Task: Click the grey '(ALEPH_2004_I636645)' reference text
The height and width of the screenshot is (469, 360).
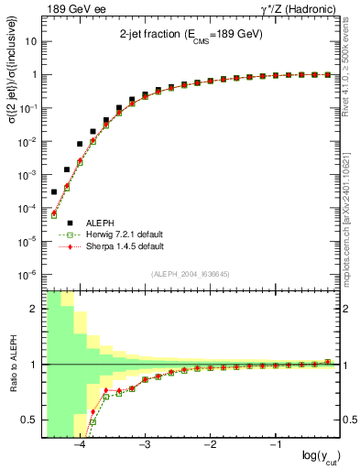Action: [x=190, y=275]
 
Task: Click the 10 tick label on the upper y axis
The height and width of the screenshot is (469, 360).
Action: [x=32, y=42]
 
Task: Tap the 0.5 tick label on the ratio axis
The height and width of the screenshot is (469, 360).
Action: [x=28, y=420]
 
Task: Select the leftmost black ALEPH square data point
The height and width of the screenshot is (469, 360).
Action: [x=53, y=192]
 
